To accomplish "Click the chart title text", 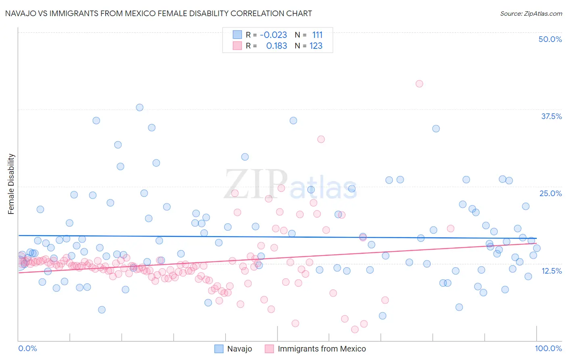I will click(x=158, y=13).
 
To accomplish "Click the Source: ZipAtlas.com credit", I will click(x=531, y=13).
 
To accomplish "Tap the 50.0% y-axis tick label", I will click(x=550, y=39).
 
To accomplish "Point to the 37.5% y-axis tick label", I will click(x=551, y=116).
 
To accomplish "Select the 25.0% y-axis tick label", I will click(x=550, y=193).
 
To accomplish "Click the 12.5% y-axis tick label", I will click(x=551, y=271).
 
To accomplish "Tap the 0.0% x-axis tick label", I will click(x=27, y=348).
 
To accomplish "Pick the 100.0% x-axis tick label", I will click(x=548, y=348).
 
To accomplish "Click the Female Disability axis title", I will click(x=11, y=184).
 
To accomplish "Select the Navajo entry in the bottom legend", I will click(x=239, y=349).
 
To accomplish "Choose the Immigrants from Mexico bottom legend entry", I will click(x=321, y=349).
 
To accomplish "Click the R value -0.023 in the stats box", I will click(x=273, y=35).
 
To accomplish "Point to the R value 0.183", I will click(x=277, y=46).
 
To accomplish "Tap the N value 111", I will click(x=317, y=35).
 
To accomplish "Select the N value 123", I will click(x=316, y=46).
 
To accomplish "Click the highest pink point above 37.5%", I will click(x=419, y=84).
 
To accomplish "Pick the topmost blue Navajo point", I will click(x=140, y=107).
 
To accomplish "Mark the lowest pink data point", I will click(x=355, y=329).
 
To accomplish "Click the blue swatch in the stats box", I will click(x=237, y=35).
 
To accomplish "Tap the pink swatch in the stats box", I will click(x=237, y=46).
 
